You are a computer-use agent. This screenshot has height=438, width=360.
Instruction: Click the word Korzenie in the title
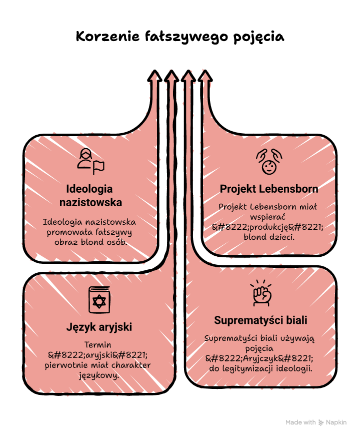[x=107, y=37]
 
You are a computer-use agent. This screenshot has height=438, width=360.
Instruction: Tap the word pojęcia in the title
[x=259, y=38]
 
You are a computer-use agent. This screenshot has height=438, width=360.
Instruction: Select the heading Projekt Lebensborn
[x=268, y=189]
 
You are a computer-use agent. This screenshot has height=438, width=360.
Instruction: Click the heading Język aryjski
[x=99, y=327]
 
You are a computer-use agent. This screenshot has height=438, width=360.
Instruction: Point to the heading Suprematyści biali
[x=260, y=320]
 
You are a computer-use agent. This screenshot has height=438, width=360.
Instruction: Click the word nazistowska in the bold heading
[x=90, y=202]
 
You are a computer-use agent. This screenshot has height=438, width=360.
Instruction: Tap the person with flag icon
[x=90, y=161]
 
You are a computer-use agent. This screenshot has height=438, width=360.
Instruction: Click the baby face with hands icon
[x=269, y=162]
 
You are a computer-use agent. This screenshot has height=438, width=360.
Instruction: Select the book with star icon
[x=99, y=300]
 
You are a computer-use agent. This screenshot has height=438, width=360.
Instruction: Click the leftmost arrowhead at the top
[x=154, y=76]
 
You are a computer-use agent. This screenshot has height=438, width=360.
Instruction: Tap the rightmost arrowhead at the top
[x=205, y=76]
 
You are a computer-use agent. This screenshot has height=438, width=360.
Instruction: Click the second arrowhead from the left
[x=171, y=76]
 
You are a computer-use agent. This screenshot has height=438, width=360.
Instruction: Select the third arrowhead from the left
[x=188, y=76]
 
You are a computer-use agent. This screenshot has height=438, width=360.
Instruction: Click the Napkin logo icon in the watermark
[x=321, y=422]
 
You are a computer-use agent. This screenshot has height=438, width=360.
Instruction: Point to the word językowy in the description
[x=99, y=375]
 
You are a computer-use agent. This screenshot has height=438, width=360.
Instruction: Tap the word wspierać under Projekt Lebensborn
[x=267, y=217]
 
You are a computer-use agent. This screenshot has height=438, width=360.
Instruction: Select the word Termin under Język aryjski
[x=98, y=345]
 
